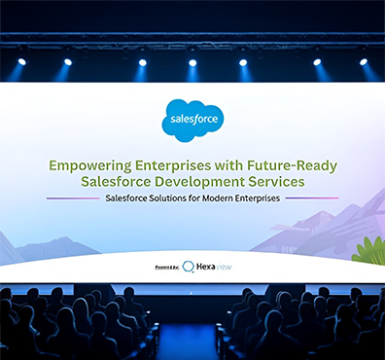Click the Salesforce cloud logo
pyautogui.click(x=192, y=120)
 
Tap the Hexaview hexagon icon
pyautogui.click(x=188, y=266)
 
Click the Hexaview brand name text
pyautogui.click(x=213, y=266)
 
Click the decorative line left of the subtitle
pyautogui.click(x=73, y=198)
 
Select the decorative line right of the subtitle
pyautogui.click(x=312, y=198)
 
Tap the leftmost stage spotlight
pyautogui.click(x=21, y=61)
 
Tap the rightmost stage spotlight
pyautogui.click(x=364, y=61)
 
